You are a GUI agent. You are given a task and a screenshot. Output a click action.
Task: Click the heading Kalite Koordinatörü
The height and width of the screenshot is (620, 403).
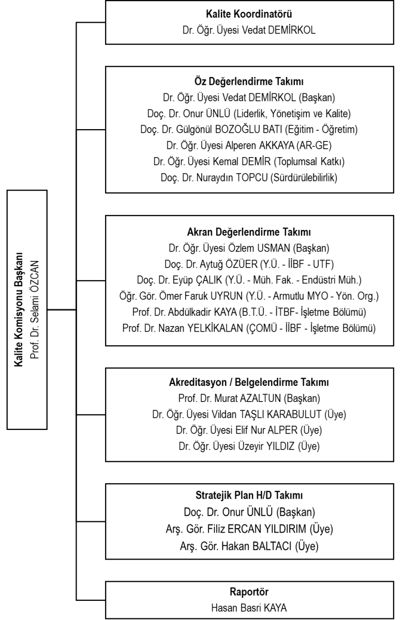tap(249, 14)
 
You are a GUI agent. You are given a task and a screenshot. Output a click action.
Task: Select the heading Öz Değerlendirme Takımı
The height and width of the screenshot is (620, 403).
tap(249, 82)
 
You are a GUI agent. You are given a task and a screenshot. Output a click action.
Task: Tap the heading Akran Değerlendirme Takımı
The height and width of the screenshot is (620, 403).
tap(249, 232)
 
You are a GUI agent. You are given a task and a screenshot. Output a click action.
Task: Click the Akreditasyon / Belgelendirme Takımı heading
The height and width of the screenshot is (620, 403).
tap(249, 382)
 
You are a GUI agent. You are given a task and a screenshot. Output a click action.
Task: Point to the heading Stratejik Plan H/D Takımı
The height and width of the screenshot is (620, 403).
tap(249, 495)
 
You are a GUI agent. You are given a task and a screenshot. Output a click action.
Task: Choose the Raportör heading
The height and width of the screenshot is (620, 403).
tap(249, 592)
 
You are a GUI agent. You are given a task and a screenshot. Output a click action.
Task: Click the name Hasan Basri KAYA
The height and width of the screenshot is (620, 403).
tap(249, 608)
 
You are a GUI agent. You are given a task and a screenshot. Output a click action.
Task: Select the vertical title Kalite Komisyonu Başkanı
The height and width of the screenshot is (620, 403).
tap(19, 309)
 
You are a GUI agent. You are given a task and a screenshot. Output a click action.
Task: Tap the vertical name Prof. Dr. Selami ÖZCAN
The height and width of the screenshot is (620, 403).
tap(35, 309)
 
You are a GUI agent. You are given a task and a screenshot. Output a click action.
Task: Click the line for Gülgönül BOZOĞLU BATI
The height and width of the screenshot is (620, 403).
tap(249, 129)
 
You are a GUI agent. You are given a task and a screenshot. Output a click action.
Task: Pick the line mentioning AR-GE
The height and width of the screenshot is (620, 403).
tap(249, 145)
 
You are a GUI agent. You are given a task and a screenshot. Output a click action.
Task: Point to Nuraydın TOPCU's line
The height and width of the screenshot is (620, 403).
tap(249, 177)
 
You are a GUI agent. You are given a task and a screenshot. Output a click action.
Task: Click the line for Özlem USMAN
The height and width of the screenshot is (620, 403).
tap(249, 248)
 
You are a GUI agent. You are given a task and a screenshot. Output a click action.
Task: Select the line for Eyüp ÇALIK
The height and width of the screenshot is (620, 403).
tap(249, 280)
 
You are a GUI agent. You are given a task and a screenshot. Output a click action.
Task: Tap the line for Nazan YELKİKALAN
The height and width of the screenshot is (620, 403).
tap(249, 328)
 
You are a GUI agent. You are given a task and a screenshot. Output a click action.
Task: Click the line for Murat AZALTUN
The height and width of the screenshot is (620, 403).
tap(249, 398)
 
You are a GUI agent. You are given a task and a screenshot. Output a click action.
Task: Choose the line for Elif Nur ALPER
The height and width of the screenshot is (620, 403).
tap(249, 430)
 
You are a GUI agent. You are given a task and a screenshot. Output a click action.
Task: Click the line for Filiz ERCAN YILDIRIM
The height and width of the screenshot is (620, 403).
tap(249, 529)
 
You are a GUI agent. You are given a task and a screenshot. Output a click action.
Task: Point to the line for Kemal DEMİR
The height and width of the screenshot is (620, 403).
tap(249, 161)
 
